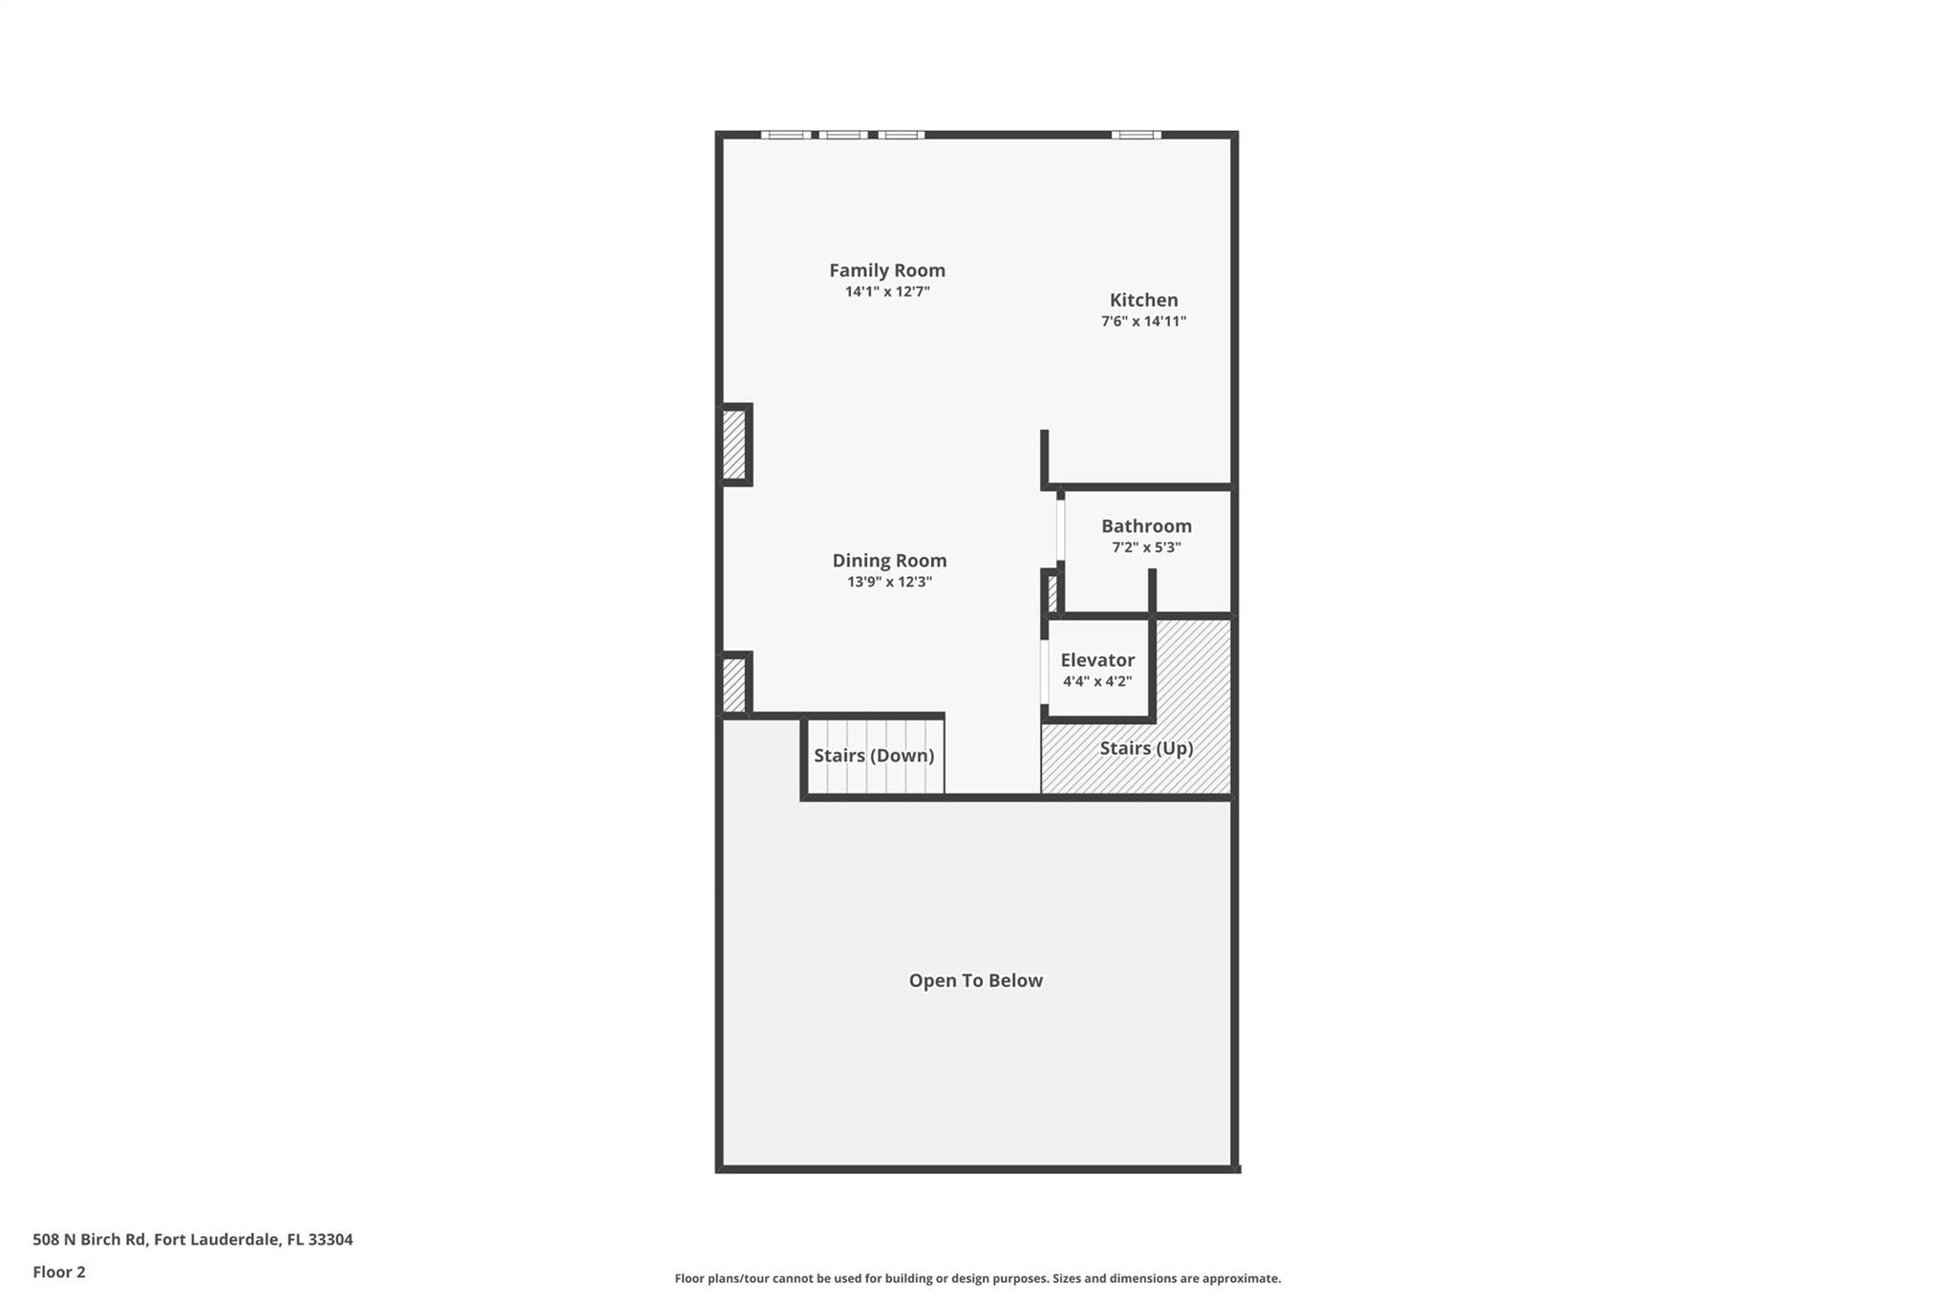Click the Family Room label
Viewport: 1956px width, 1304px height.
tap(886, 270)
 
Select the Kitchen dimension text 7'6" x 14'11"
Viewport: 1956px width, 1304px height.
tap(1143, 322)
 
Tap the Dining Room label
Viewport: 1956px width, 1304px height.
tap(889, 561)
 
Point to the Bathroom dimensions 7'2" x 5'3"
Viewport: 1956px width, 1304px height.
tap(1146, 547)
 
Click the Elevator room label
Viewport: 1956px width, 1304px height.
tap(1097, 660)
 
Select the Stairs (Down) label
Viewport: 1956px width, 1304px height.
tap(873, 756)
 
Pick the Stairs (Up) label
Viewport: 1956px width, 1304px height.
tap(1146, 748)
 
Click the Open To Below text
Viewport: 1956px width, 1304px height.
tap(975, 980)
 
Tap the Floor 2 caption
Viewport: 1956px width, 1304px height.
tap(59, 1272)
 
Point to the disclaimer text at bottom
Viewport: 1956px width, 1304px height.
tap(977, 1278)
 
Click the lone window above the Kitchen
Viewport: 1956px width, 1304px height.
tap(1136, 135)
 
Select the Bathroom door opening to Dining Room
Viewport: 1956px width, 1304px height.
tap(1060, 529)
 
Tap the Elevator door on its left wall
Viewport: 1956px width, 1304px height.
tap(1044, 673)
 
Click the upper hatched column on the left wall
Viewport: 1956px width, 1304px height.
tap(733, 444)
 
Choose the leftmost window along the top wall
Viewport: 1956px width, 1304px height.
tap(785, 135)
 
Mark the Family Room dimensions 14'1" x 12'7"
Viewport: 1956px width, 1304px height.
tap(886, 292)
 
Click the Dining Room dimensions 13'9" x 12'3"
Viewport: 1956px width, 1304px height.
tap(889, 582)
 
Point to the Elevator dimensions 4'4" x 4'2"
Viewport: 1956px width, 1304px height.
tap(1097, 682)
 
